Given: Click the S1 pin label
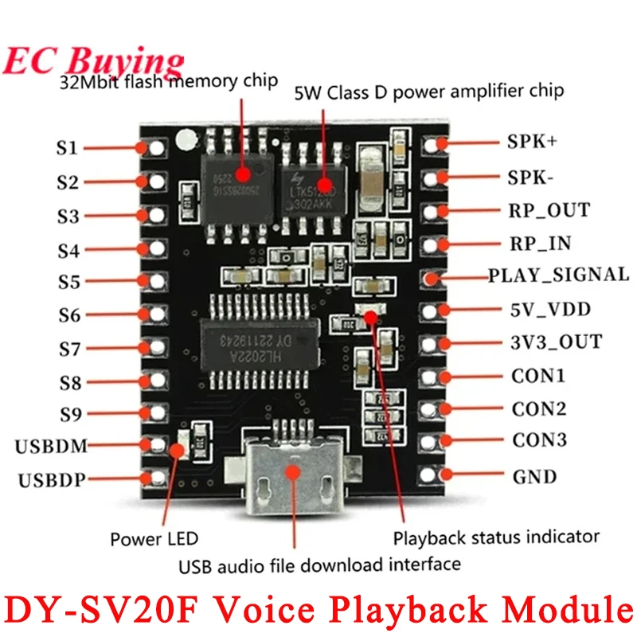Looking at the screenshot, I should pos(67,148).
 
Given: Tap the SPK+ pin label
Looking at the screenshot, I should pos(532,143).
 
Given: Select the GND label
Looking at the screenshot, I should pos(534,477).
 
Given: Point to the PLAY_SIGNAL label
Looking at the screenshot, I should pos(558,275).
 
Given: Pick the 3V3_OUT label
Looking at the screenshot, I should pos(556,342).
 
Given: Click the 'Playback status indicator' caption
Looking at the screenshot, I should pos(496,537).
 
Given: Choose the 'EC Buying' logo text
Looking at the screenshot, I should pos(93,61).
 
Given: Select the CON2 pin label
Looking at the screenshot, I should pos(539,409).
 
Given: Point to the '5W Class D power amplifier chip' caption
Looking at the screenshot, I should pos(428,91).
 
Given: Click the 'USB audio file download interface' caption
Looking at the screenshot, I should pos(319,565).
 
